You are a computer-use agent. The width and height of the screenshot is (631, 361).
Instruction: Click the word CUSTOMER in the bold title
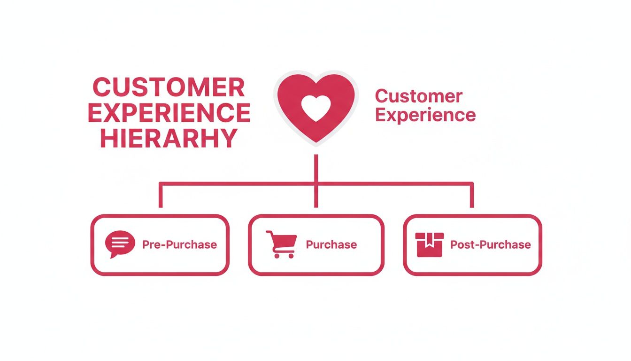pyautogui.click(x=169, y=87)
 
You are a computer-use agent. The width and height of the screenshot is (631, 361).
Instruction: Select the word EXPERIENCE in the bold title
pyautogui.click(x=169, y=113)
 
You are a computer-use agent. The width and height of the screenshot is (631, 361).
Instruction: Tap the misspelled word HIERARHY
pyautogui.click(x=169, y=138)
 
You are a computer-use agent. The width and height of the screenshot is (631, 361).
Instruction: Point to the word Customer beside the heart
pyautogui.click(x=419, y=96)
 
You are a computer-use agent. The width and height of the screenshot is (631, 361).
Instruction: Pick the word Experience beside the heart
pyautogui.click(x=426, y=115)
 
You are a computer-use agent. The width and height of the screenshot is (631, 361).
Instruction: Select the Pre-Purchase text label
pyautogui.click(x=179, y=244)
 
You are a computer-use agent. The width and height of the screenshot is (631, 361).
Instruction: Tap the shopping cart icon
pyautogui.click(x=281, y=243)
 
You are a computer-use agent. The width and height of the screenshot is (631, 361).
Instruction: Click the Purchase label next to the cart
pyautogui.click(x=331, y=244)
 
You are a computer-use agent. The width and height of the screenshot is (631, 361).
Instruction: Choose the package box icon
pyautogui.click(x=430, y=244)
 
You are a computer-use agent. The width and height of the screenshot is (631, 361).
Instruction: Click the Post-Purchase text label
pyautogui.click(x=490, y=244)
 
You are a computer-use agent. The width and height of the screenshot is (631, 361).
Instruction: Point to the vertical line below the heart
pyautogui.click(x=316, y=167)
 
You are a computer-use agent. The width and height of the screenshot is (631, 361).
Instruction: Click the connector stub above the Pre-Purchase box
pyautogui.click(x=161, y=196)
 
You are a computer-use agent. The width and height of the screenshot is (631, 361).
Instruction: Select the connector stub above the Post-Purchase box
pyautogui.click(x=471, y=196)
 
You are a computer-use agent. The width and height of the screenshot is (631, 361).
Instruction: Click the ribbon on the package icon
pyautogui.click(x=430, y=240)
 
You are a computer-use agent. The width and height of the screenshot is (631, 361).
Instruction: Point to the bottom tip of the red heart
pyautogui.click(x=316, y=140)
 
